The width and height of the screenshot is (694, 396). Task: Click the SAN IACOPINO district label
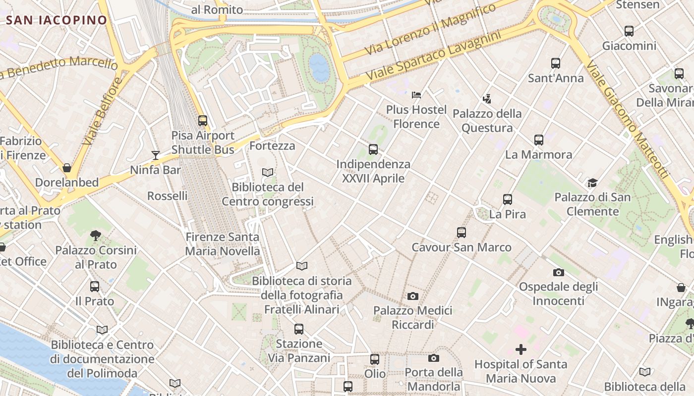tap(57, 20)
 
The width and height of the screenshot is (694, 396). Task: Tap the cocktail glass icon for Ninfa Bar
tap(156, 155)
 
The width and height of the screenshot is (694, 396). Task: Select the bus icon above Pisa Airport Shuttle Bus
tap(202, 120)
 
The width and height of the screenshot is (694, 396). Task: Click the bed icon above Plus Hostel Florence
tap(416, 95)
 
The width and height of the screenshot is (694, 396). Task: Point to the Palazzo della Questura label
tap(487, 121)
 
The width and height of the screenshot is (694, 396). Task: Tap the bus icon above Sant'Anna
tap(556, 63)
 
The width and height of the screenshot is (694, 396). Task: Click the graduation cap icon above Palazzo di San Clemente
tap(592, 183)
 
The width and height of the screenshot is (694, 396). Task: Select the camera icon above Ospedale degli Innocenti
tap(559, 272)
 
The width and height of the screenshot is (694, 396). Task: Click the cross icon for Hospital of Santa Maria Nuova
tap(521, 350)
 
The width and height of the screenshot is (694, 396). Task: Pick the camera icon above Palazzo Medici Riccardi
tap(412, 297)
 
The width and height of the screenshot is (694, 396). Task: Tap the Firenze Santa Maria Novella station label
tap(223, 244)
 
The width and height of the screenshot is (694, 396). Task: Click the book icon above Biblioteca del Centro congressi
tap(268, 173)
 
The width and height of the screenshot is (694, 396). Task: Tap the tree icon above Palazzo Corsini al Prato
tap(96, 236)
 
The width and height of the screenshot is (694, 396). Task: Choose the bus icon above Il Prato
tap(95, 287)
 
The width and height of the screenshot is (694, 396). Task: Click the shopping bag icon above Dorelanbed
tap(67, 168)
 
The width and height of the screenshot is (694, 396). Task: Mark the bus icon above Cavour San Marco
tap(462, 233)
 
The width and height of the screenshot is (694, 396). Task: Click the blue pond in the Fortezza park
tap(319, 67)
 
